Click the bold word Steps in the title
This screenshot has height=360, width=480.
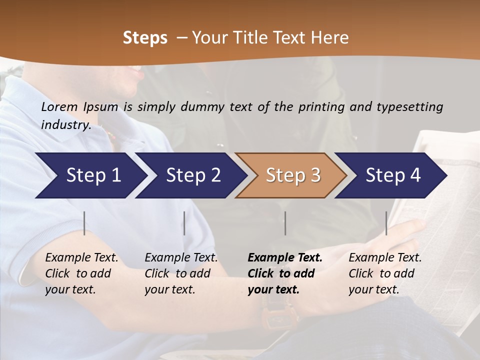pyautogui.click(x=145, y=37)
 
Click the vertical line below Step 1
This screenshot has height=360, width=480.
pyautogui.click(x=84, y=223)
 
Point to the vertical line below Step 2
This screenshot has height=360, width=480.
pyautogui.click(x=184, y=223)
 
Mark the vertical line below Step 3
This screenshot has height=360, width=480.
pyautogui.click(x=285, y=223)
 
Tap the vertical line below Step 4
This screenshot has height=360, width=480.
pyautogui.click(x=386, y=223)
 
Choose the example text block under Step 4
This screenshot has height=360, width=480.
pyautogui.click(x=385, y=273)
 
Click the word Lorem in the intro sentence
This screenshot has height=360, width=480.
pyautogui.click(x=59, y=106)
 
